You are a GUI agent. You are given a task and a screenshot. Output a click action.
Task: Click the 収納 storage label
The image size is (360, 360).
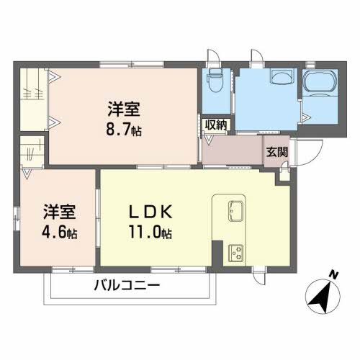coord(215,125)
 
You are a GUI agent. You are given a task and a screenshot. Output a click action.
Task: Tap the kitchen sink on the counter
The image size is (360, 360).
coord(235,212)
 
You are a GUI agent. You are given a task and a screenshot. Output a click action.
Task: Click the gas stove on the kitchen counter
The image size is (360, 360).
coord(235,252)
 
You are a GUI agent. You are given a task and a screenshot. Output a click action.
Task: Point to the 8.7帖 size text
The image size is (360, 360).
coord(125,132)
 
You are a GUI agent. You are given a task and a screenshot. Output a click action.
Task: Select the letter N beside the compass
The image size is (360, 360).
coord(333,274)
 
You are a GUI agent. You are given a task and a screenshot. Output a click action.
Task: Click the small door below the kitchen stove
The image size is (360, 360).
coord(260,275)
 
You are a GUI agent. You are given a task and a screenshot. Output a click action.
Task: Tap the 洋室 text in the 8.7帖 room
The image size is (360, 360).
coord(125,112)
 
